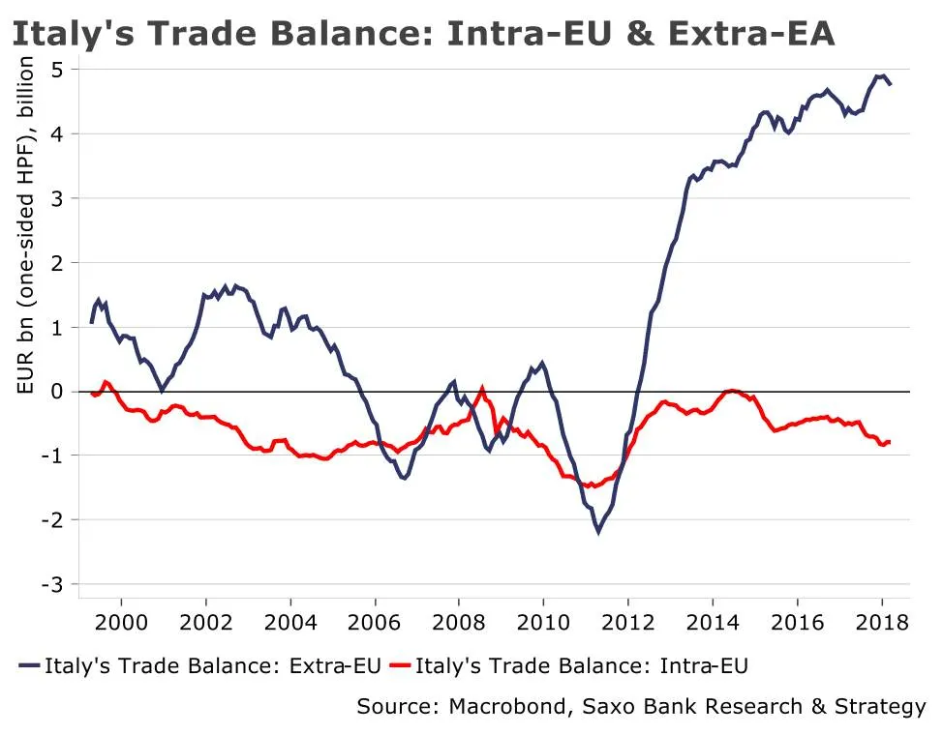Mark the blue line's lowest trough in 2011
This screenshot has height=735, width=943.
598,531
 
